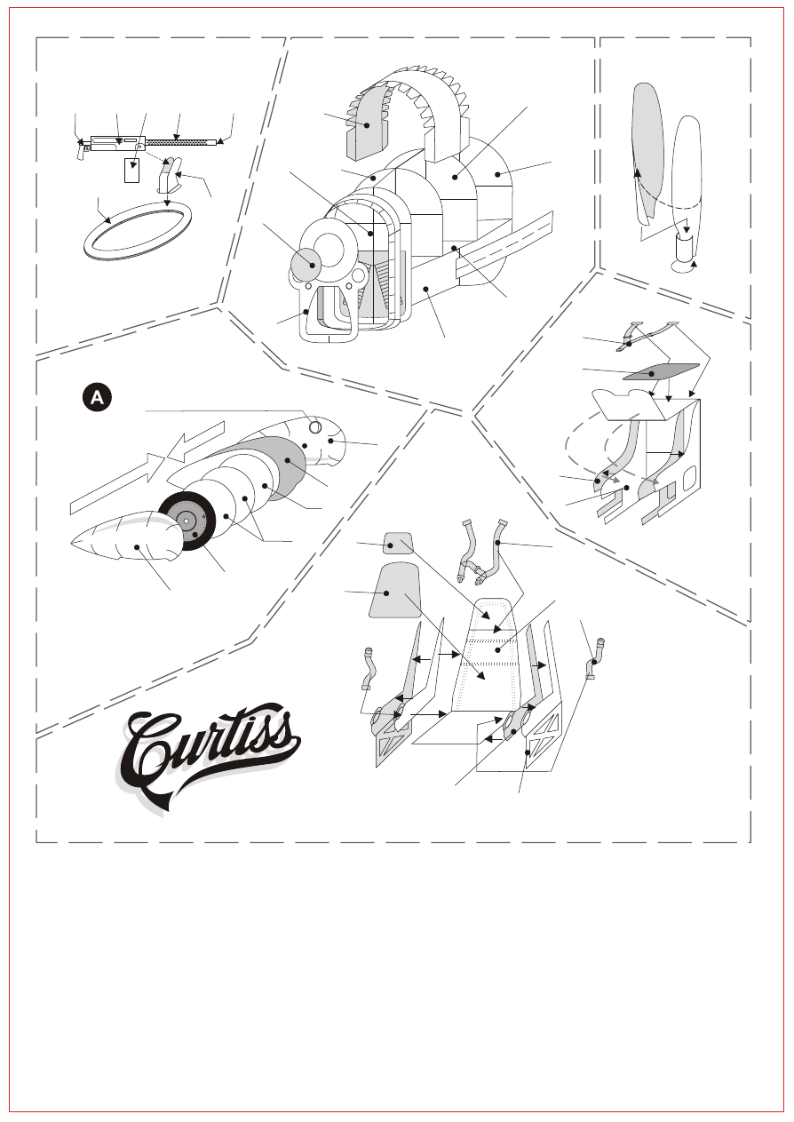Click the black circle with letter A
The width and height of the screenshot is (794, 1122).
(97, 398)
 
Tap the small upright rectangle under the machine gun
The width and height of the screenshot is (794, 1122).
(131, 170)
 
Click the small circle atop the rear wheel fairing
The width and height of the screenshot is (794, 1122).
(315, 427)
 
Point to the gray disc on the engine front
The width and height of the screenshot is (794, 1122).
(306, 265)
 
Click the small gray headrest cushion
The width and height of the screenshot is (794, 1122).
(398, 543)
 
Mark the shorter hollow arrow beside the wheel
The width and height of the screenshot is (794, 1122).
(195, 441)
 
